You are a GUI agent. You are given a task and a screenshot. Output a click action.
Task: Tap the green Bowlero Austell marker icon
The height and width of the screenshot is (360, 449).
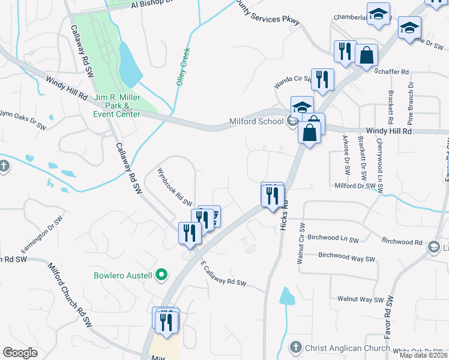pos(161,276)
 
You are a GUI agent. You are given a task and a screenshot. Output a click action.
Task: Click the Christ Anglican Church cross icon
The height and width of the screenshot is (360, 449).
pos(295,347)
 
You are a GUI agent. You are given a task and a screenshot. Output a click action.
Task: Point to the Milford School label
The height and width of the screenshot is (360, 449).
pos(256,122)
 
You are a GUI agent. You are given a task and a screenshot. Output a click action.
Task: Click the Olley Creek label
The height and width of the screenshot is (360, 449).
pos(183,67)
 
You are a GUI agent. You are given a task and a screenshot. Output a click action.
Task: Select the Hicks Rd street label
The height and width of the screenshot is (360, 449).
pos(285,214)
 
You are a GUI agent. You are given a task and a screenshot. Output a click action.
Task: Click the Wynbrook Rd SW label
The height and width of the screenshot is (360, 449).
pos(174,186)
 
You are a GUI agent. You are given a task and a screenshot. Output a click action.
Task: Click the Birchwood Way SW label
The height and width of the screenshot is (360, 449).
pos(346,257)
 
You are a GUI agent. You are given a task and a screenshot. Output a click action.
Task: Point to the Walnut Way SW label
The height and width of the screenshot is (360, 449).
pos(360,299)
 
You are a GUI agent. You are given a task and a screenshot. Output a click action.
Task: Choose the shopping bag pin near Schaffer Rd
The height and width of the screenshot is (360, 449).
pos(367,56)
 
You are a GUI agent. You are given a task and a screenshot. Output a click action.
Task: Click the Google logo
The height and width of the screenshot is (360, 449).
pos(20,353)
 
